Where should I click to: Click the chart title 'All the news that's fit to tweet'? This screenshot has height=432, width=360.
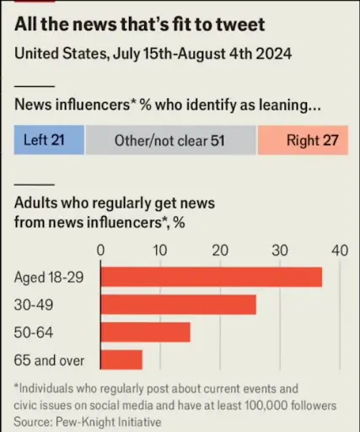[139, 25]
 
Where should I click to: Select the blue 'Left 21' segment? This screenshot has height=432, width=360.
[49, 140]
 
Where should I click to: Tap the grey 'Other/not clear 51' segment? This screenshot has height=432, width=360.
[170, 140]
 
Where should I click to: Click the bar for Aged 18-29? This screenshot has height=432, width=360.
[211, 277]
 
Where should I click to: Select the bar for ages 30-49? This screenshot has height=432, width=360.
[178, 305]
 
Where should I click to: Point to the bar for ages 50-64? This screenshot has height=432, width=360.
[145, 332]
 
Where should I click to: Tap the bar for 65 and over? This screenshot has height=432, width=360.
[121, 360]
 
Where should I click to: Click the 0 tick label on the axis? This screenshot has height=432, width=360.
[100, 250]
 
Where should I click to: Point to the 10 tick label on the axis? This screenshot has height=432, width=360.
[160, 250]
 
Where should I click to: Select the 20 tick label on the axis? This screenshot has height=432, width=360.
[220, 250]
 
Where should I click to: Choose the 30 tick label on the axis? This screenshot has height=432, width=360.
[280, 250]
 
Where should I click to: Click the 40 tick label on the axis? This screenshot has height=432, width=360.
[339, 250]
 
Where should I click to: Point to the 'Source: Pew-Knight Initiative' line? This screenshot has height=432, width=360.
[87, 419]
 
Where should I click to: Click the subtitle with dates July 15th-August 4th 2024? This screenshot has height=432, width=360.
[153, 54]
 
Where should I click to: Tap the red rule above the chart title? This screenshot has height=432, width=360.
[34, 3]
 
